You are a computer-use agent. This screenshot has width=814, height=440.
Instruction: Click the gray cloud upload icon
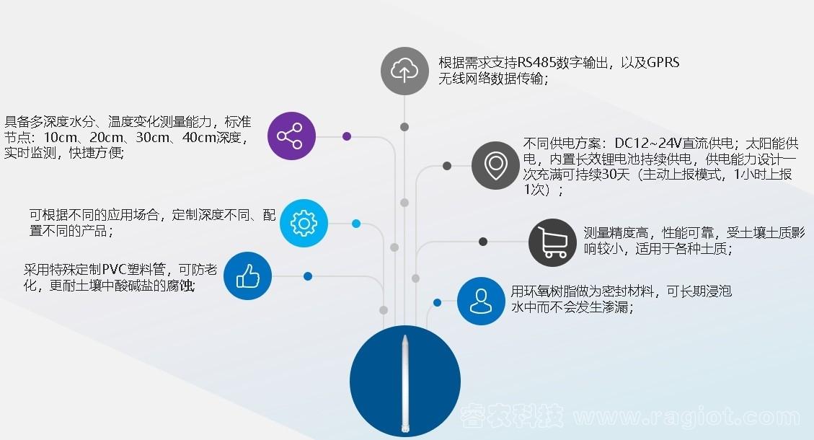coord(404,71)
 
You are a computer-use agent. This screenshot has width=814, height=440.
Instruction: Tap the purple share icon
coord(291,136)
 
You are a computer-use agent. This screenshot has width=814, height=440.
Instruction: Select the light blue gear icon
coord(304,223)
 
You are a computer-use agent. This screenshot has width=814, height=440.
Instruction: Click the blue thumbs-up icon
coord(247,276)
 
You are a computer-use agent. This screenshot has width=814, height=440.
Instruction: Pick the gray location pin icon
coord(495,165)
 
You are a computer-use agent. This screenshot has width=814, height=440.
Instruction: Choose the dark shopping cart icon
coord(552,242)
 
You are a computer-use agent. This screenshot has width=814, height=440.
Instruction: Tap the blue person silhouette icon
coord(481,301)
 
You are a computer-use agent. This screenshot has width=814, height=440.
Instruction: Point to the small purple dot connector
coord(347,136)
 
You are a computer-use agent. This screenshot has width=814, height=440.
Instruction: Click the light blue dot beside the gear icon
coord(356,224)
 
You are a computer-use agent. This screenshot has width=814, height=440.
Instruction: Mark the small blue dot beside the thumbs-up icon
coord(308,276)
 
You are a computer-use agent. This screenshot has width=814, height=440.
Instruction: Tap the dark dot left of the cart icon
coord(483,242)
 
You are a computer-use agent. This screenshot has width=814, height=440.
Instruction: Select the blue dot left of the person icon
coord(437,302)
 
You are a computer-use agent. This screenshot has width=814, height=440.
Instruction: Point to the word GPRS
coord(663,63)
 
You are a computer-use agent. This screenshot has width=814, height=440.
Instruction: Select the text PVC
coord(114,269)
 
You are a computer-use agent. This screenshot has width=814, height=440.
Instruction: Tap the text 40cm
coord(200,137)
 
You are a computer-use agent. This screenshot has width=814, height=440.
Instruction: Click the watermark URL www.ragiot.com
coord(686,416)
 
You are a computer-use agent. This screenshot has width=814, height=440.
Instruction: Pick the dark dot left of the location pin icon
coord(447,166)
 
